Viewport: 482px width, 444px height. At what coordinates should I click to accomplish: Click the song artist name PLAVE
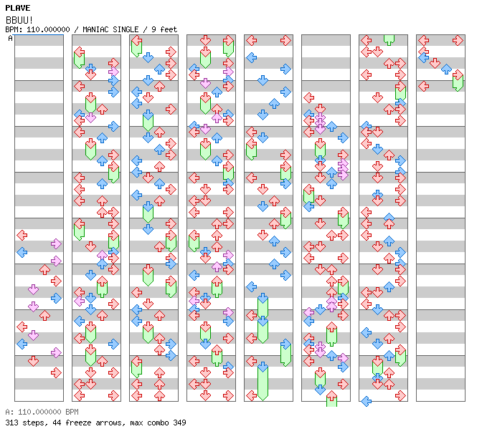click(x=18, y=8)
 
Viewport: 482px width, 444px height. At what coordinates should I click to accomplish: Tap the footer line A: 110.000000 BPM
click(x=40, y=412)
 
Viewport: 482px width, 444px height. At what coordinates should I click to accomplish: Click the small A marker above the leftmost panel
click(x=11, y=38)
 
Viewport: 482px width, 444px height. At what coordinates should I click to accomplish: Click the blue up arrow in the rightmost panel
click(x=446, y=69)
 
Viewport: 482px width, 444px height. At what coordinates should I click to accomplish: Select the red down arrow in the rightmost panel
click(x=435, y=63)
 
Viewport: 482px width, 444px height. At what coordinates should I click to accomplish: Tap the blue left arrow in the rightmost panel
click(x=424, y=56)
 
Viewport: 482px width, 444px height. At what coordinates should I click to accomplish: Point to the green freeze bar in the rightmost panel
click(x=458, y=80)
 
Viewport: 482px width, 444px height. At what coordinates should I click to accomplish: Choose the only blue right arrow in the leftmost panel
click(x=56, y=298)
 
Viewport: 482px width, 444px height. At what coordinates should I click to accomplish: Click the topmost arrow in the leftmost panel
click(x=22, y=235)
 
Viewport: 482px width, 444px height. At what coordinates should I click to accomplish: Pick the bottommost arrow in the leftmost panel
click(x=56, y=372)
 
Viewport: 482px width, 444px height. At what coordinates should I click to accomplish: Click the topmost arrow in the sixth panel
click(x=309, y=97)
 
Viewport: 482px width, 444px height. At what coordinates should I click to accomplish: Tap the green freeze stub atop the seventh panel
click(x=389, y=39)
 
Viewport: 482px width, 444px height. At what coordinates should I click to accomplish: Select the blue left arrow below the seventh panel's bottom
click(x=367, y=401)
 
